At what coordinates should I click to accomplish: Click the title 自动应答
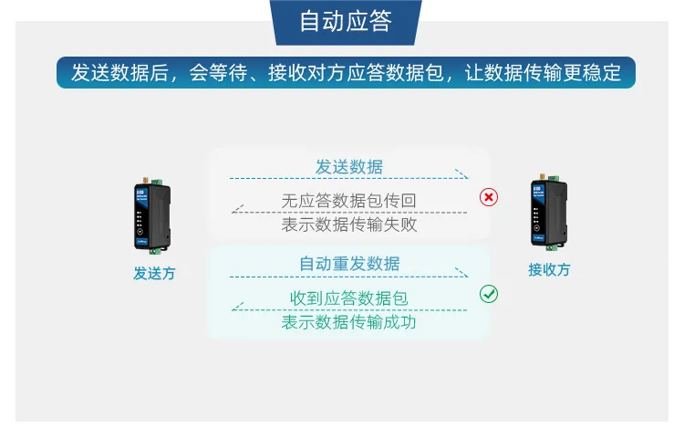point(346,22)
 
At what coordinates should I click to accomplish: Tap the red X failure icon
point(489,197)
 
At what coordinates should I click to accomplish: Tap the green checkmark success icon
point(489,294)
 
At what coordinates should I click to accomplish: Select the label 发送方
point(153,273)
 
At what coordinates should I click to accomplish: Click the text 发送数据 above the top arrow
point(349,167)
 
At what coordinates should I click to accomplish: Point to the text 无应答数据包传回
point(349,201)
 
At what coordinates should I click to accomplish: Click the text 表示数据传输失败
point(349,225)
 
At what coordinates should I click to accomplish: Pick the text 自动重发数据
point(349,264)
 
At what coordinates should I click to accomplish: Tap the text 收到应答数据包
point(349,298)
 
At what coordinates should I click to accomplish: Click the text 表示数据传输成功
point(349,322)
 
